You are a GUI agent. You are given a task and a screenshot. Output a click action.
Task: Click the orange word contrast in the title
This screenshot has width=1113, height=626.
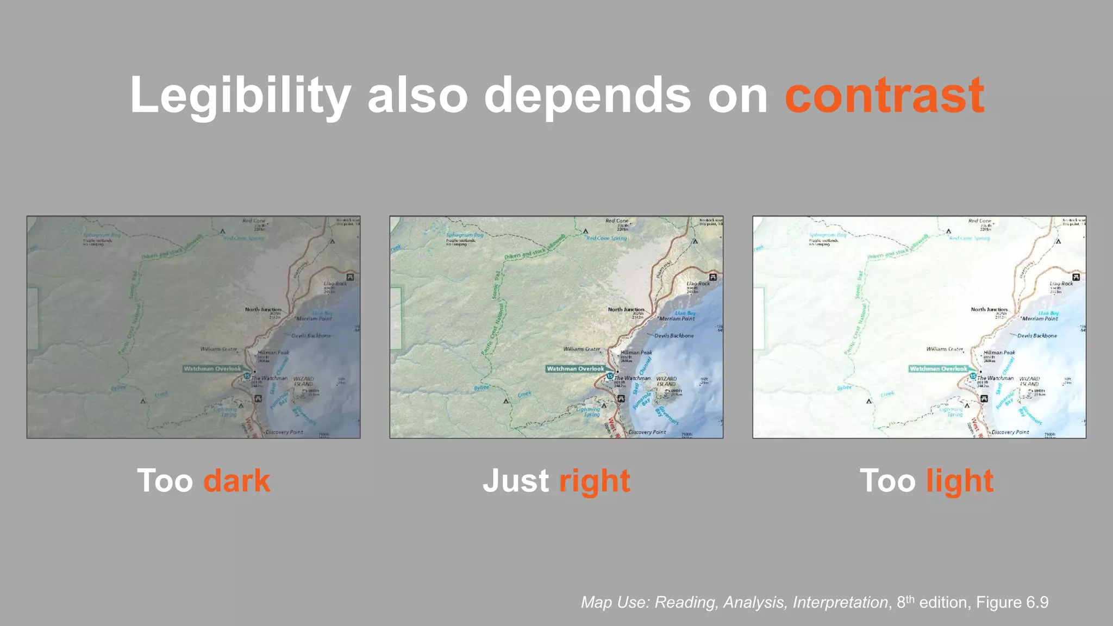click(x=884, y=96)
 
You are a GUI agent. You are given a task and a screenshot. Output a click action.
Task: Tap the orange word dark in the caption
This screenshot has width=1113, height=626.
click(x=236, y=481)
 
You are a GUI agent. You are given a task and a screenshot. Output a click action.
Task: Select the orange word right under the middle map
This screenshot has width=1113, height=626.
click(x=594, y=481)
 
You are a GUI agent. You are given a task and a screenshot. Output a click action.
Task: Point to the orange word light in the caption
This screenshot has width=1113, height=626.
click(x=960, y=481)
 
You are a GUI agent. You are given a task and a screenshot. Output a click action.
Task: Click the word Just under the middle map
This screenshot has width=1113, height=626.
click(x=516, y=481)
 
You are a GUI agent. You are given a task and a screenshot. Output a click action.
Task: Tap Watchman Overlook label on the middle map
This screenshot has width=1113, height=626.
click(x=575, y=368)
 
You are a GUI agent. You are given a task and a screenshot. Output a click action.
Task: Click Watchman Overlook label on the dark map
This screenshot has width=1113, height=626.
click(x=212, y=368)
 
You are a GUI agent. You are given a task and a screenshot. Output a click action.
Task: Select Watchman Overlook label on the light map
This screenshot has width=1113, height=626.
click(x=938, y=368)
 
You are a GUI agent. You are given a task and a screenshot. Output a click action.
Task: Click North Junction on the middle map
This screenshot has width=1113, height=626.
click(x=626, y=309)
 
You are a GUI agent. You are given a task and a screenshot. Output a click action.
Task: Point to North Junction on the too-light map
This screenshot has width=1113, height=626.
click(x=989, y=309)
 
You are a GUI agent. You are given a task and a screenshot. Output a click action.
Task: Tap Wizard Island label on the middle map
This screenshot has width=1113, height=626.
click(x=666, y=381)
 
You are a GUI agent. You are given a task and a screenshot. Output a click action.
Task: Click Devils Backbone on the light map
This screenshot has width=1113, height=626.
click(x=1037, y=336)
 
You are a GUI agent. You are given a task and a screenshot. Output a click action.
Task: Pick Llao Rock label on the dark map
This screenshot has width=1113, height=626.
click(x=335, y=284)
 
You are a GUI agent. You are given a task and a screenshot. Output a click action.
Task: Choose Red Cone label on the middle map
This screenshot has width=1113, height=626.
click(x=617, y=221)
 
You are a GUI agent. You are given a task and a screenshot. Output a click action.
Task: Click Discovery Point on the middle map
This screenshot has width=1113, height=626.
click(x=647, y=433)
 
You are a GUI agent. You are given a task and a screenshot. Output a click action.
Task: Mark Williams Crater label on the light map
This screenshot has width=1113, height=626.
click(x=945, y=349)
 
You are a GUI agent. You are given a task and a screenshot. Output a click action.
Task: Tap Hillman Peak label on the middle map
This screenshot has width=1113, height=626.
click(x=636, y=353)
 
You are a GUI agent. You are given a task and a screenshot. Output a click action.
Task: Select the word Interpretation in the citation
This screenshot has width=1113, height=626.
click(x=840, y=602)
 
